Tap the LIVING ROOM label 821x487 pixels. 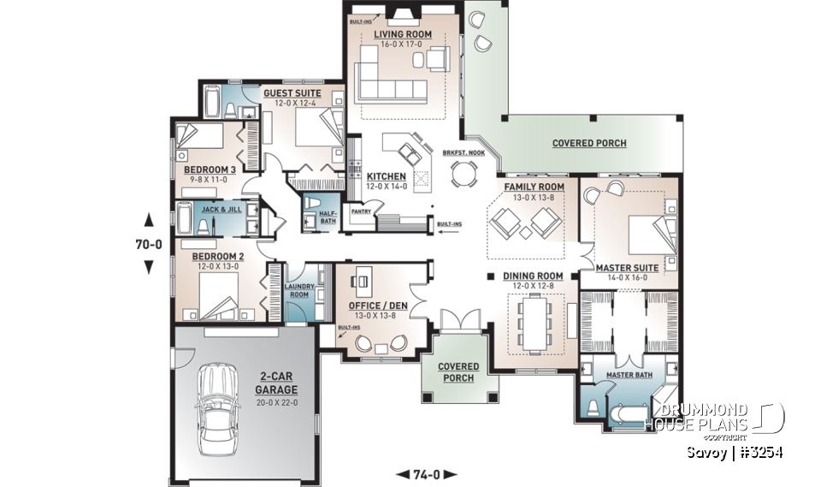[403, 34]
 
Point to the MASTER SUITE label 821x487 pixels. [627, 268]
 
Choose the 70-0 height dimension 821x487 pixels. [149, 243]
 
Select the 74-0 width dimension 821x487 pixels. [426, 474]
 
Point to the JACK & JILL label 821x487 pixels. [218, 208]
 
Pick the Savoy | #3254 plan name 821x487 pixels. [735, 452]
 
